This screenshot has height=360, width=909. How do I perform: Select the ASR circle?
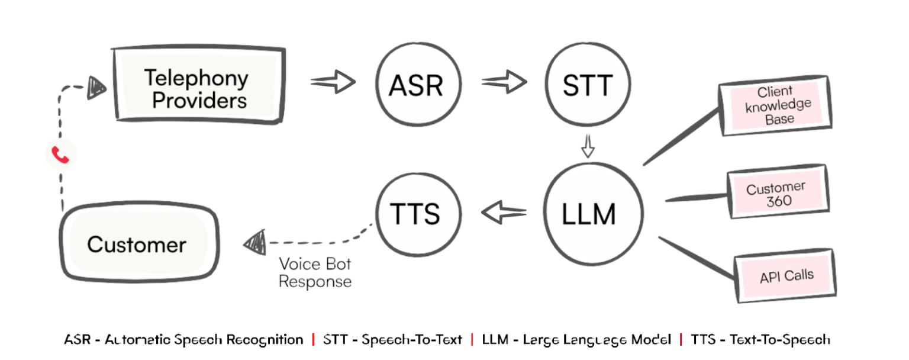click(x=415, y=86)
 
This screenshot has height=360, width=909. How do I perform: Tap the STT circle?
click(x=586, y=86)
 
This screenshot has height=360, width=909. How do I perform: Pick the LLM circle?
click(x=588, y=214)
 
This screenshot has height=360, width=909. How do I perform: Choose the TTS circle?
click(x=415, y=214)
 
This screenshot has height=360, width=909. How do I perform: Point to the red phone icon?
click(x=61, y=155)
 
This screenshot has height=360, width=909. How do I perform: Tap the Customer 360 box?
click(x=776, y=194)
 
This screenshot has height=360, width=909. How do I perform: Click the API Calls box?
click(x=786, y=276)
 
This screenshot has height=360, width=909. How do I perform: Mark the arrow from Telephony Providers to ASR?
click(x=333, y=83)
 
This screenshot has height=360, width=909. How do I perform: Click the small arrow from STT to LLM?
click(x=587, y=146)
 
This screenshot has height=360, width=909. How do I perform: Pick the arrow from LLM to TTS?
click(x=504, y=211)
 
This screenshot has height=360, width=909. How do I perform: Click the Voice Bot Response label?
click(x=315, y=272)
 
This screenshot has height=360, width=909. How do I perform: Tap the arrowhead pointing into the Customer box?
click(x=256, y=241)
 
